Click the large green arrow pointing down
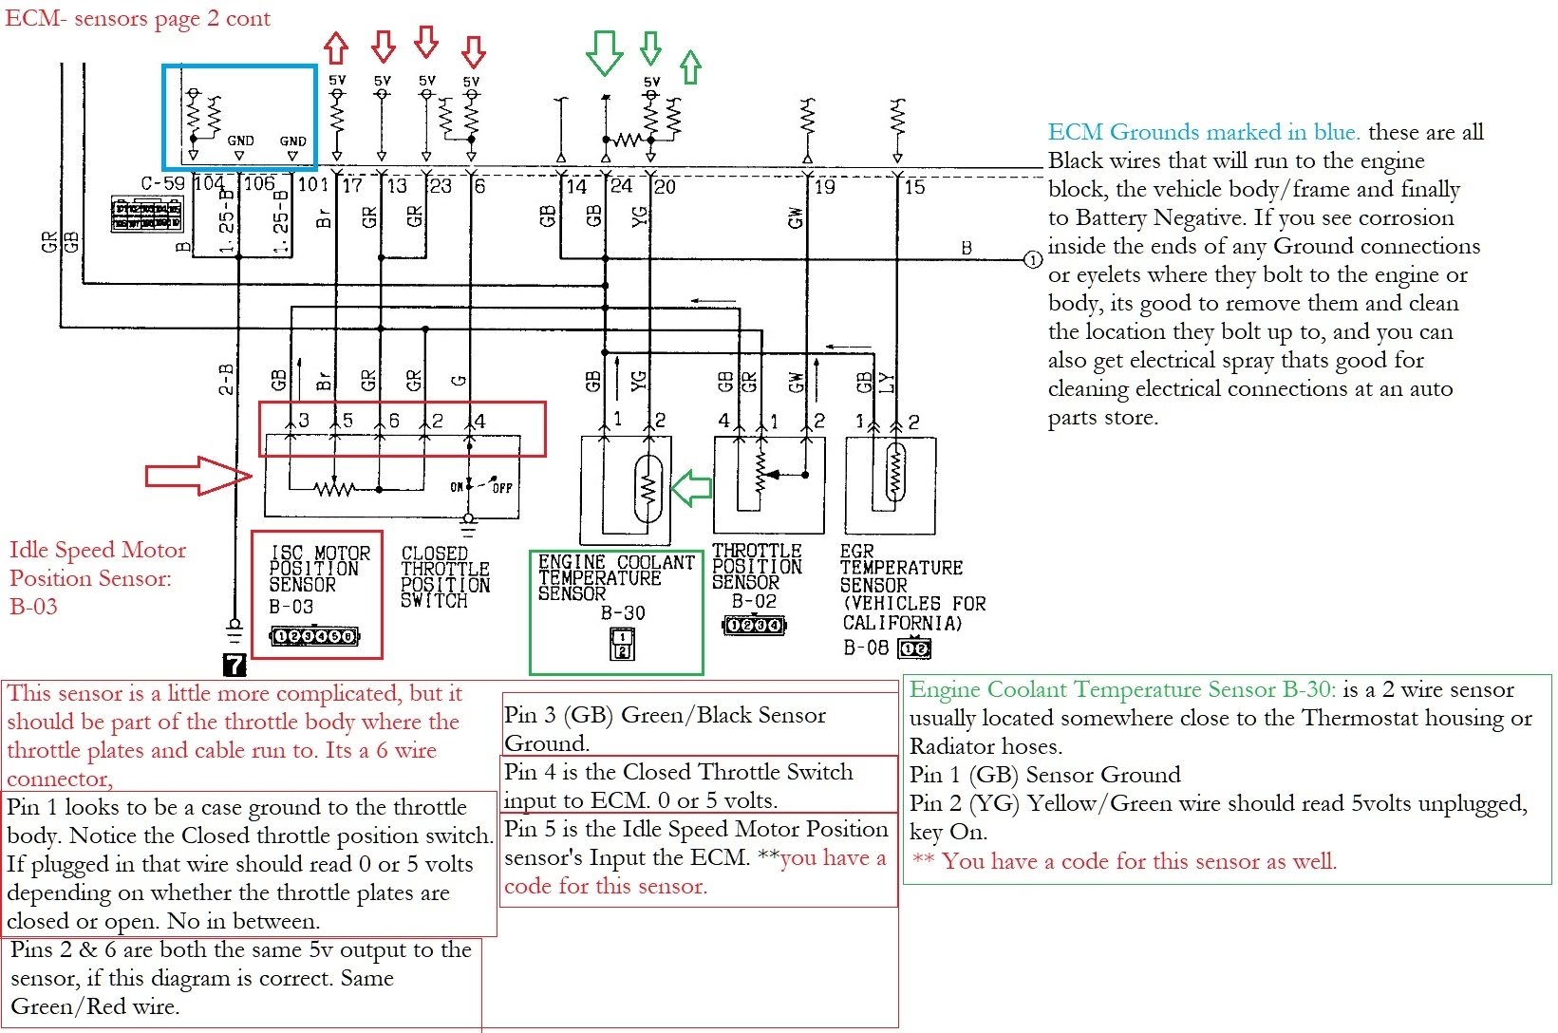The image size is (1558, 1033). [604, 51]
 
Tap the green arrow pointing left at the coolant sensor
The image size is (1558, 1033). [692, 488]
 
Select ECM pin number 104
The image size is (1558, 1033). [209, 183]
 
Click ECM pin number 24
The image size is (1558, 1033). [621, 185]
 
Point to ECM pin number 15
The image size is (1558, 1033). [914, 187]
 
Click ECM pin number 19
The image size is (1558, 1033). [824, 187]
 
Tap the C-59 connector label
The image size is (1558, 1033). [162, 183]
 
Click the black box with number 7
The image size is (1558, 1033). [234, 665]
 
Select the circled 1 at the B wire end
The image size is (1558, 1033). [1032, 260]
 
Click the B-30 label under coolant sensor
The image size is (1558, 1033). [623, 613]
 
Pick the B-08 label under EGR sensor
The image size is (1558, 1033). [865, 648]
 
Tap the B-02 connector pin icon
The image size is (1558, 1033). [754, 625]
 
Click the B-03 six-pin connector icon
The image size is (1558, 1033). [314, 636]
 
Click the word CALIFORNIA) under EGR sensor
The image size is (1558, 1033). [902, 624]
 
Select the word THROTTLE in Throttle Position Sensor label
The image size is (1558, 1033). [757, 551]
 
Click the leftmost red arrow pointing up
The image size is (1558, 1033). [336, 47]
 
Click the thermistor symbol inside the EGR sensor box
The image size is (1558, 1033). [894, 472]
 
